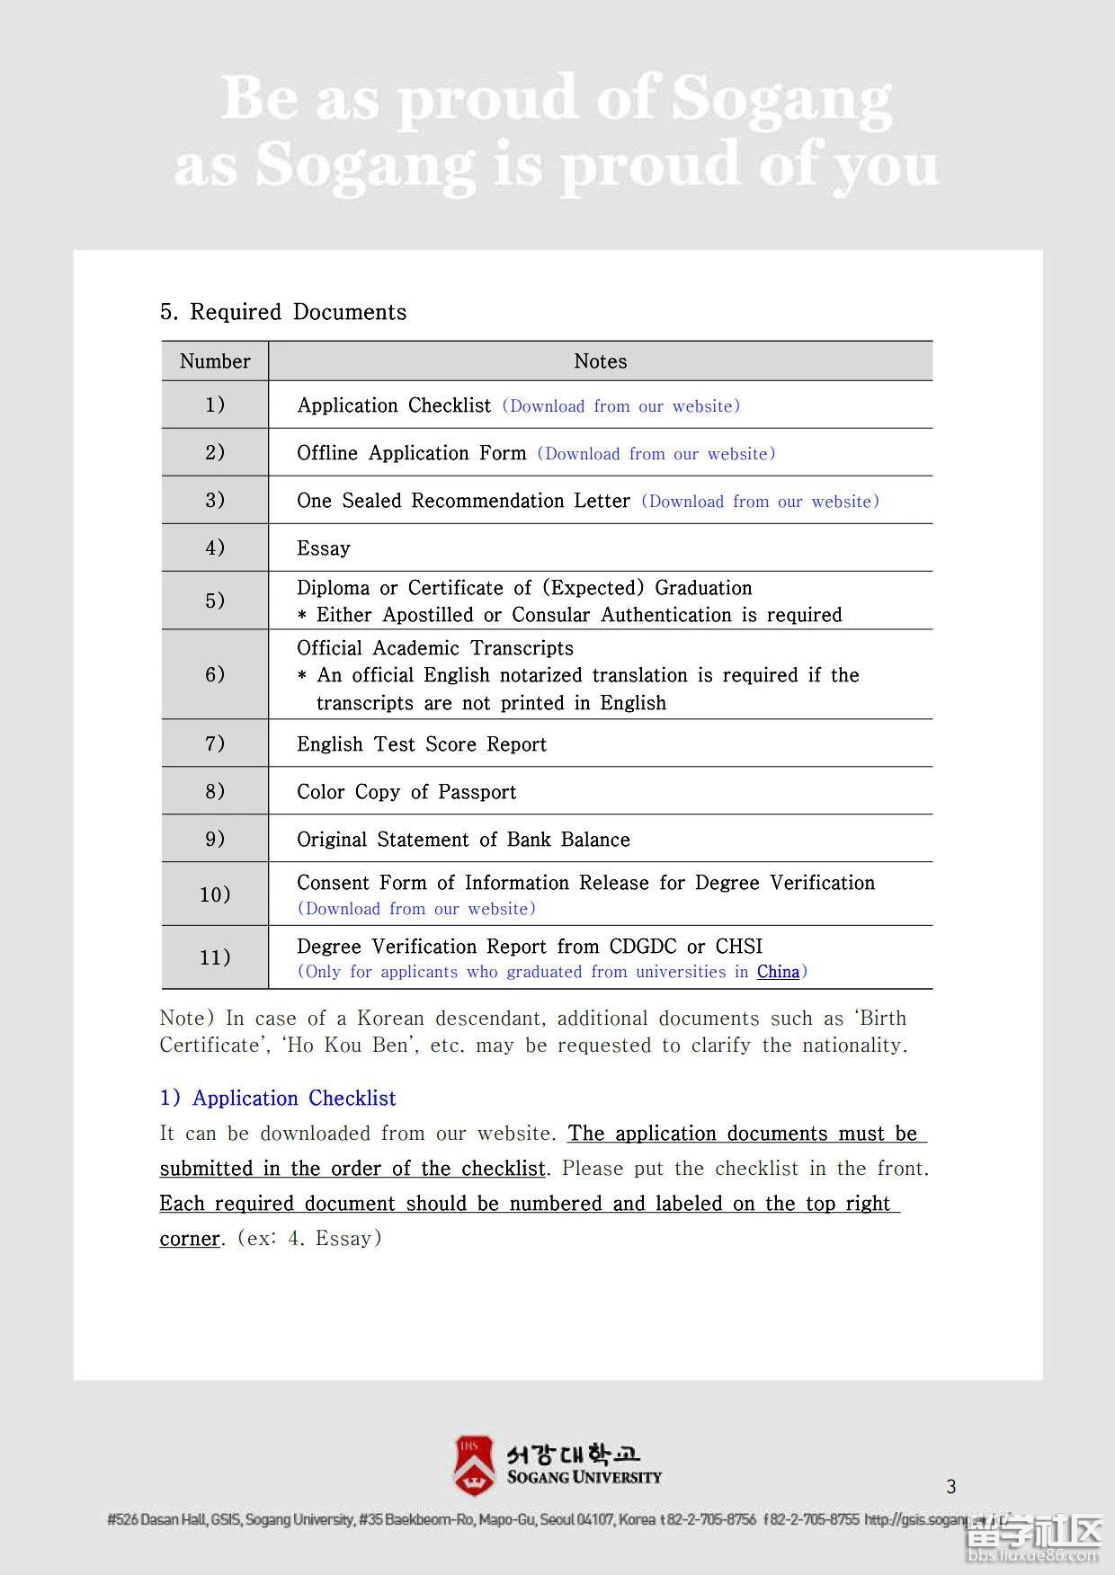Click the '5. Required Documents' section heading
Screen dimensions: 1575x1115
[x=283, y=312]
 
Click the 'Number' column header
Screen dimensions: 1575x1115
[x=215, y=361]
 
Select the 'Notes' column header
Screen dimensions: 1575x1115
[x=600, y=361]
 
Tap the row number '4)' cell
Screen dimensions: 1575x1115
[x=215, y=547]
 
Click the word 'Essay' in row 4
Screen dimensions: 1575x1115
[x=324, y=548]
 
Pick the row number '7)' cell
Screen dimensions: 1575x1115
[x=215, y=743]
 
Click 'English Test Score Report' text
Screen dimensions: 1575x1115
[x=422, y=744]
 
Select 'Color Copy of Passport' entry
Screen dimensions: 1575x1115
[x=406, y=792]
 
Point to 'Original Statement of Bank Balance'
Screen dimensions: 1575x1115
[x=463, y=840]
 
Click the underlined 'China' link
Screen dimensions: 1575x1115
[x=778, y=972]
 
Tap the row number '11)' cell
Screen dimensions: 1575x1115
[x=215, y=957]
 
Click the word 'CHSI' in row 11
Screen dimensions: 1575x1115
[x=739, y=947]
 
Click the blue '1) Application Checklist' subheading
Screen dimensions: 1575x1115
[x=278, y=1099]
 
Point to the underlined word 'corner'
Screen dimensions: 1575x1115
[x=190, y=1239]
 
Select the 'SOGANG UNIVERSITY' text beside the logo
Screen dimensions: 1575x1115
[x=584, y=1477]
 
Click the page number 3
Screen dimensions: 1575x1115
[x=951, y=1487]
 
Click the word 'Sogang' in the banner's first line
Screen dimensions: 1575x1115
[x=781, y=99]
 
